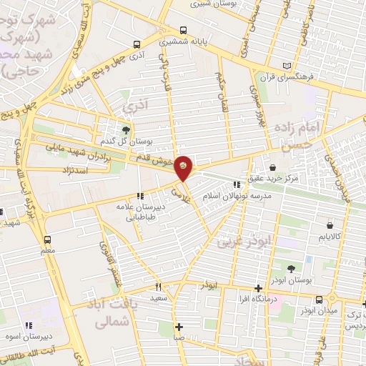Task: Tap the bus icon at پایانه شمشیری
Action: click(184, 31)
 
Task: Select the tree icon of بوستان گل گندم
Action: click(127, 129)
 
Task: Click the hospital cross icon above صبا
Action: click(179, 326)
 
